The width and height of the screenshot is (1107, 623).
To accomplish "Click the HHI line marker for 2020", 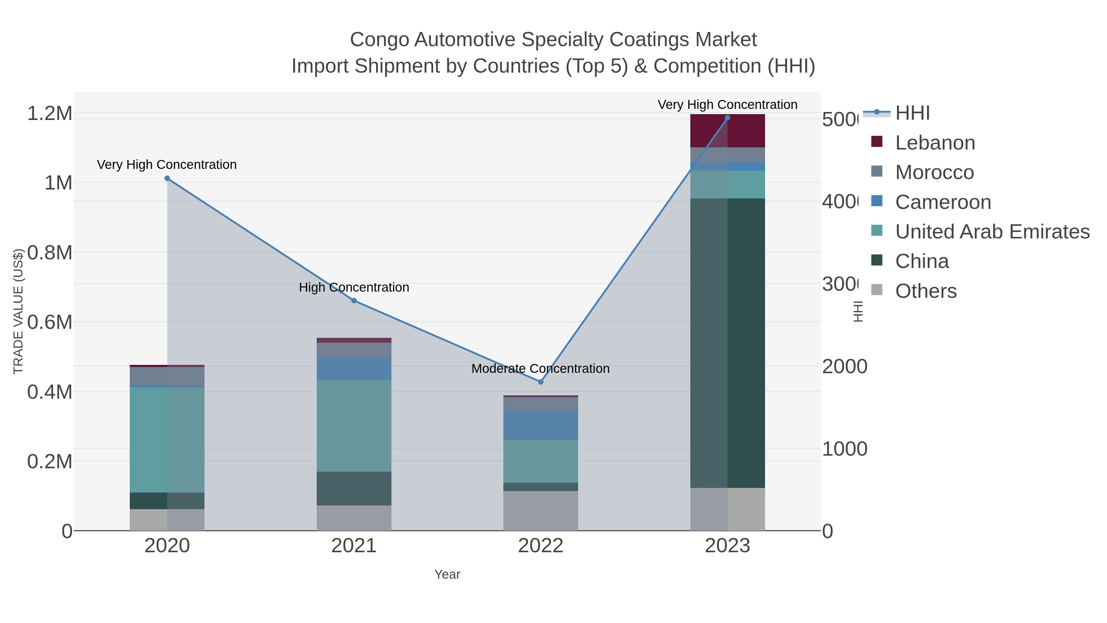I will coord(167,178).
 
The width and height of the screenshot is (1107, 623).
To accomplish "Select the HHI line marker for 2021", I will coord(354,301).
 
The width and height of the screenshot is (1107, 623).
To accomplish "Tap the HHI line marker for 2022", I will coord(541,382).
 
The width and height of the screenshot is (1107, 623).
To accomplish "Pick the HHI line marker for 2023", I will coord(727,118).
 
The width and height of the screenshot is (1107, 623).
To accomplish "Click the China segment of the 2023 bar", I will coord(727,343).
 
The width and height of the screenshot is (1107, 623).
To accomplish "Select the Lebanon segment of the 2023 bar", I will coord(727,131).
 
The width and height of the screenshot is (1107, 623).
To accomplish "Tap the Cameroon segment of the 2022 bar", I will coord(541,425).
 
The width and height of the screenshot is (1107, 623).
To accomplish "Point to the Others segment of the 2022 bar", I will coord(541,510).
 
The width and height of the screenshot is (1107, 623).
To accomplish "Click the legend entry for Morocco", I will coord(934,172).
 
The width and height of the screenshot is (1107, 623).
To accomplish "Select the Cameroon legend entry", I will coord(942,202).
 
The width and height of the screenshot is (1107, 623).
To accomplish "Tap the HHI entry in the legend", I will coord(912,113).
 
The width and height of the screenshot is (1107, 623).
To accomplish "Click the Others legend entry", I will coord(925,291).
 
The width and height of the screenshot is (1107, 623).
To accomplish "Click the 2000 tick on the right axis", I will coord(844,367).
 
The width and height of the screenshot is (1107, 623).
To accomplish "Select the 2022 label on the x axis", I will coord(541,545).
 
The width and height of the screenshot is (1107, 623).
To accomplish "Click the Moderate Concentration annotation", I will coord(541,369).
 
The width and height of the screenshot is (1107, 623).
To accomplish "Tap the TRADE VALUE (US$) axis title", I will coord(18,311).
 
